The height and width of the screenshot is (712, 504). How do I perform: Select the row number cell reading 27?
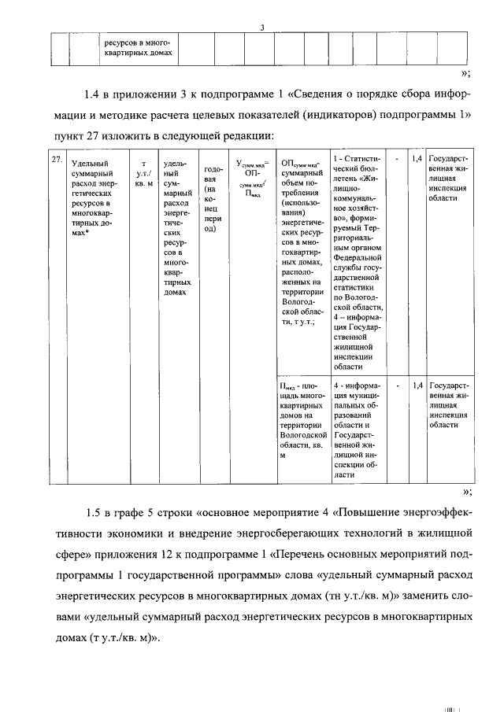(56, 160)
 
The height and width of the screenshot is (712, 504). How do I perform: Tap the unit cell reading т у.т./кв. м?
(143, 172)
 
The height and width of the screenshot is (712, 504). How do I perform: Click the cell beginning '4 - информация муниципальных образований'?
(359, 430)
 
